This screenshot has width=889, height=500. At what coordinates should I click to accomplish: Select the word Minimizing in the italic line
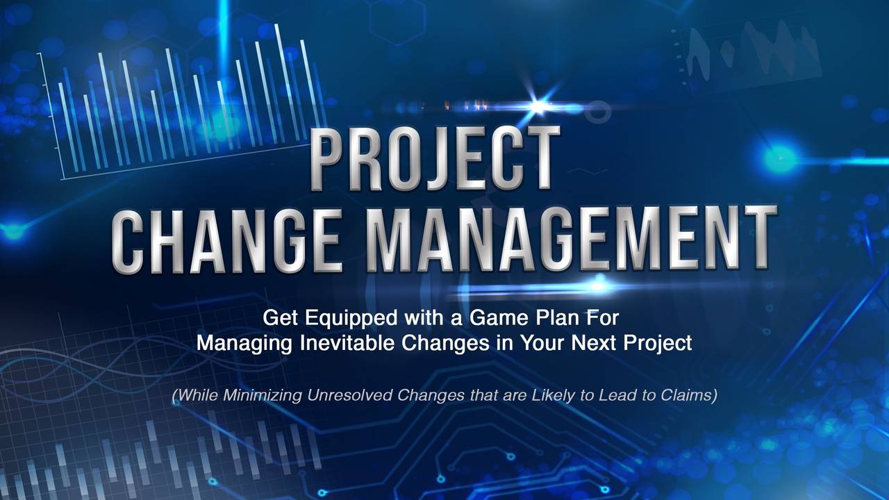click(263, 395)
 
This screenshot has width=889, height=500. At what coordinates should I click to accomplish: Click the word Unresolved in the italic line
click(351, 395)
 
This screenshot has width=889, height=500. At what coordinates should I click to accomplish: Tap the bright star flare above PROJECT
click(538, 106)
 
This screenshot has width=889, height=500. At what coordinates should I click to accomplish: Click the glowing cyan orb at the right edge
click(780, 159)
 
